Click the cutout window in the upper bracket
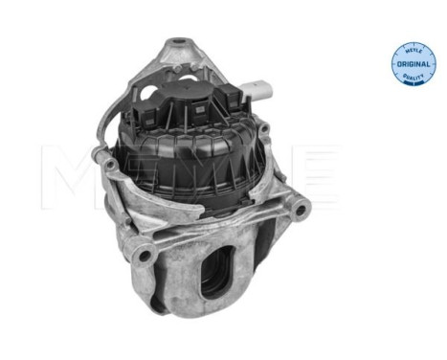(165, 77)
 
